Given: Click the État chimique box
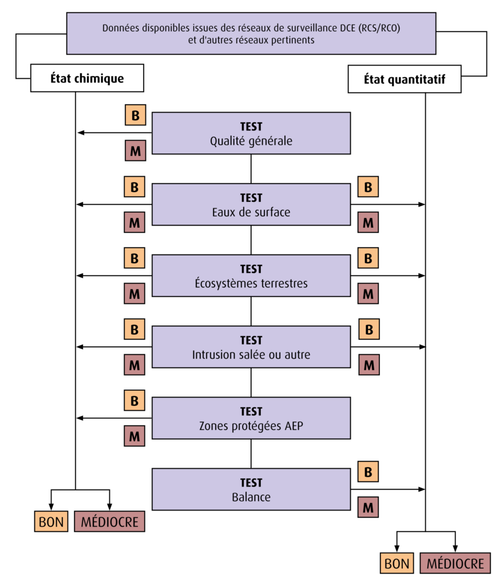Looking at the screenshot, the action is (87, 78).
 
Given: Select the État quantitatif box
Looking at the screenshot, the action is (405, 79).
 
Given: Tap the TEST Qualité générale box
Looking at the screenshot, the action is (251, 133).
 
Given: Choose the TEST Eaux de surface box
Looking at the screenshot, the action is (251, 204).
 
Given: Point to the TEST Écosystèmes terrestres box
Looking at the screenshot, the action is (251, 275).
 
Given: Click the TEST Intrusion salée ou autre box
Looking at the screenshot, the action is (251, 347).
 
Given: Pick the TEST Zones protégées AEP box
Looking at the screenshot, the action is (251, 418).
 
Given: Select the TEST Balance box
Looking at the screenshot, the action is (251, 489).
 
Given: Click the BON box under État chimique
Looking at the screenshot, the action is (51, 521).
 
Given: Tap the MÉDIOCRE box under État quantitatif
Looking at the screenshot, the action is (455, 563).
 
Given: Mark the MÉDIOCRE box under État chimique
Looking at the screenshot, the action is (109, 521).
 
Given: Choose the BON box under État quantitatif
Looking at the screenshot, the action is (397, 563).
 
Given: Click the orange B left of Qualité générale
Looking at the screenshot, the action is (135, 115).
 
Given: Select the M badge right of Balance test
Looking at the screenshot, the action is (368, 507).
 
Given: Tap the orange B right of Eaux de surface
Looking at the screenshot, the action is (368, 187).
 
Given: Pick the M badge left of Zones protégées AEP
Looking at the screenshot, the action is (134, 435).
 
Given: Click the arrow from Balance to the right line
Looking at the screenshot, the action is (388, 489).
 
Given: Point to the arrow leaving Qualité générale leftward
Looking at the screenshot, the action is (114, 133).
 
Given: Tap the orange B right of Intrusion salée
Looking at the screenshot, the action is (369, 329).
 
